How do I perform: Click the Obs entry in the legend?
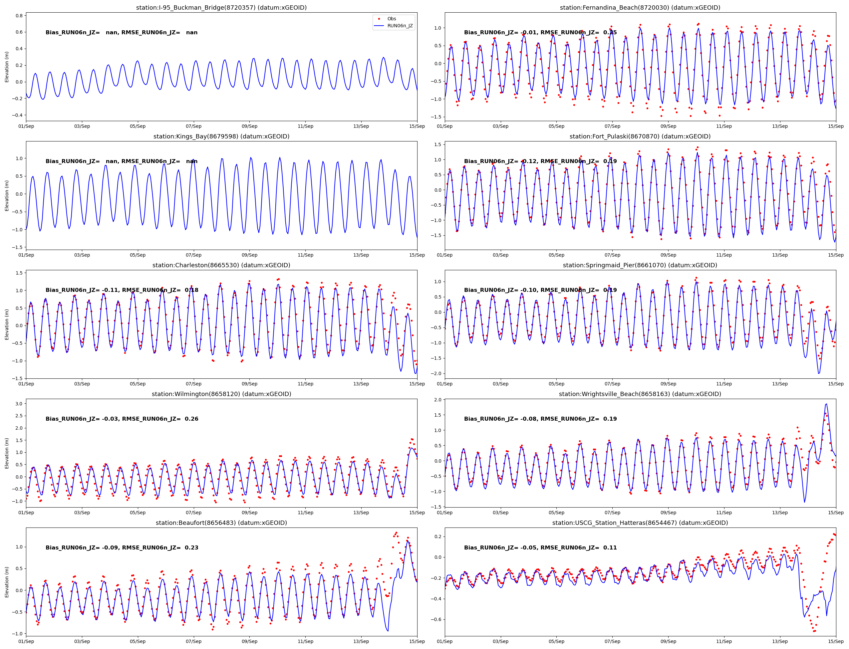coord(392,19)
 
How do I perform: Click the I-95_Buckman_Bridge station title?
coord(221,8)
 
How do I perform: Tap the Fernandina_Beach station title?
coord(640,8)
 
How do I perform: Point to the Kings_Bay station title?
coord(221,136)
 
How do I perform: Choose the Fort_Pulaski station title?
coord(640,136)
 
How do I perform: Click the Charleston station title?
coord(221,265)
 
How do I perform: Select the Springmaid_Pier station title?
coord(640,265)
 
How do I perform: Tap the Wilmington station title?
coord(221,394)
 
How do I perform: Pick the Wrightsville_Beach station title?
coord(640,394)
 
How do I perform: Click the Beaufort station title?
coord(221,523)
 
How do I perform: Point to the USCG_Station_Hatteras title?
coord(640,523)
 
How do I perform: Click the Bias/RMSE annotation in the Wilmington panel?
coord(122,419)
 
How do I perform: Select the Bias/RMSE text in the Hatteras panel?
coord(540,547)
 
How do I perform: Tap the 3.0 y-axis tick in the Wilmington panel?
coord(19,404)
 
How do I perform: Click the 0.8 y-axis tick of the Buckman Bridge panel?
coord(19,15)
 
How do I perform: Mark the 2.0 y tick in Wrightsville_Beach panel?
coord(438,400)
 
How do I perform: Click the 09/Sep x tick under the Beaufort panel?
coord(249,641)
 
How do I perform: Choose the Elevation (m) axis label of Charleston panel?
coord(7,324)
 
